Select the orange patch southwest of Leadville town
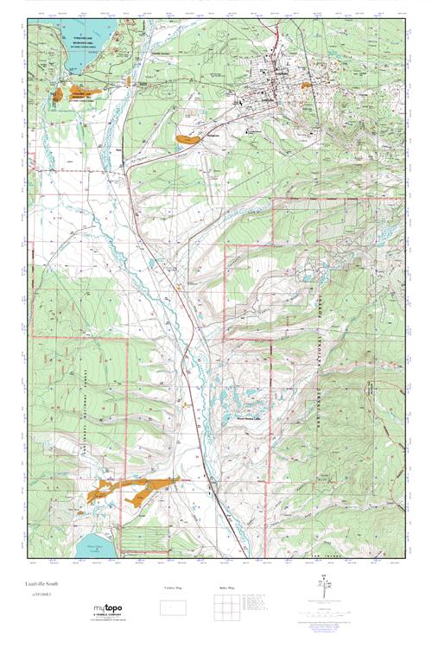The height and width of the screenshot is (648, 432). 187,137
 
